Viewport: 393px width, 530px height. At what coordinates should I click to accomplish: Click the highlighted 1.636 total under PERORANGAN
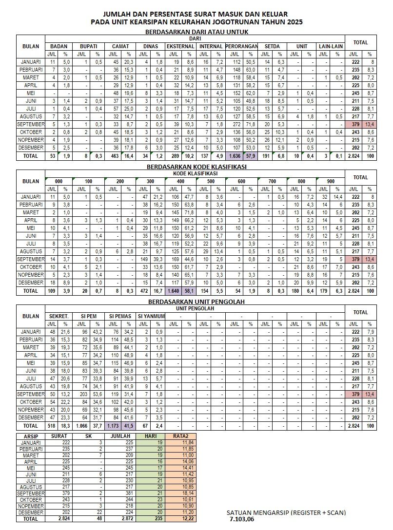point(234,156)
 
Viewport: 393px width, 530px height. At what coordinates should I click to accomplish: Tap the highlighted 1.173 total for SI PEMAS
point(114,425)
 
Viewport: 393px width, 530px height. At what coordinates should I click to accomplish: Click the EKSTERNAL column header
point(180,46)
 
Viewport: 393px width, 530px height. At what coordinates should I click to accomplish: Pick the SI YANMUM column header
point(151,316)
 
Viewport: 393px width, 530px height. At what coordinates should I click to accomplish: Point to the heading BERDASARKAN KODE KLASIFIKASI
point(196,167)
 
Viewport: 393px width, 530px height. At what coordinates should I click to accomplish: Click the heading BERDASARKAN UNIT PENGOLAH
point(196,302)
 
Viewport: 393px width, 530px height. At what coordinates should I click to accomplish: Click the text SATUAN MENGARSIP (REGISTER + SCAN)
point(286,512)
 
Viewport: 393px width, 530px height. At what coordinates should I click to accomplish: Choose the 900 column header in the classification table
point(331,181)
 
